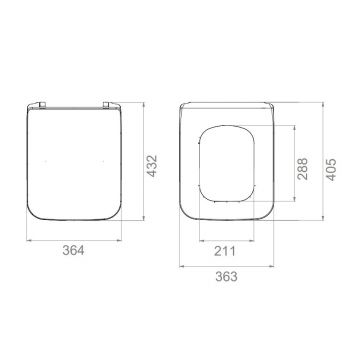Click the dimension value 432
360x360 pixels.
click(x=152, y=166)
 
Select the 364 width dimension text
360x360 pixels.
click(x=73, y=250)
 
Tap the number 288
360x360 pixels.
click(x=303, y=169)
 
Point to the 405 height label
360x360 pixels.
click(x=331, y=170)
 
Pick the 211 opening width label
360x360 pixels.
click(x=225, y=251)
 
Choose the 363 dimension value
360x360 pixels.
click(x=227, y=276)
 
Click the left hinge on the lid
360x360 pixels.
click(x=42, y=105)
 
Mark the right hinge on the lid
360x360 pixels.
click(x=106, y=105)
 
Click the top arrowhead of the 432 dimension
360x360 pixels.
click(x=144, y=105)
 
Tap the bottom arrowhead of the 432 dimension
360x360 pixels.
click(x=144, y=218)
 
